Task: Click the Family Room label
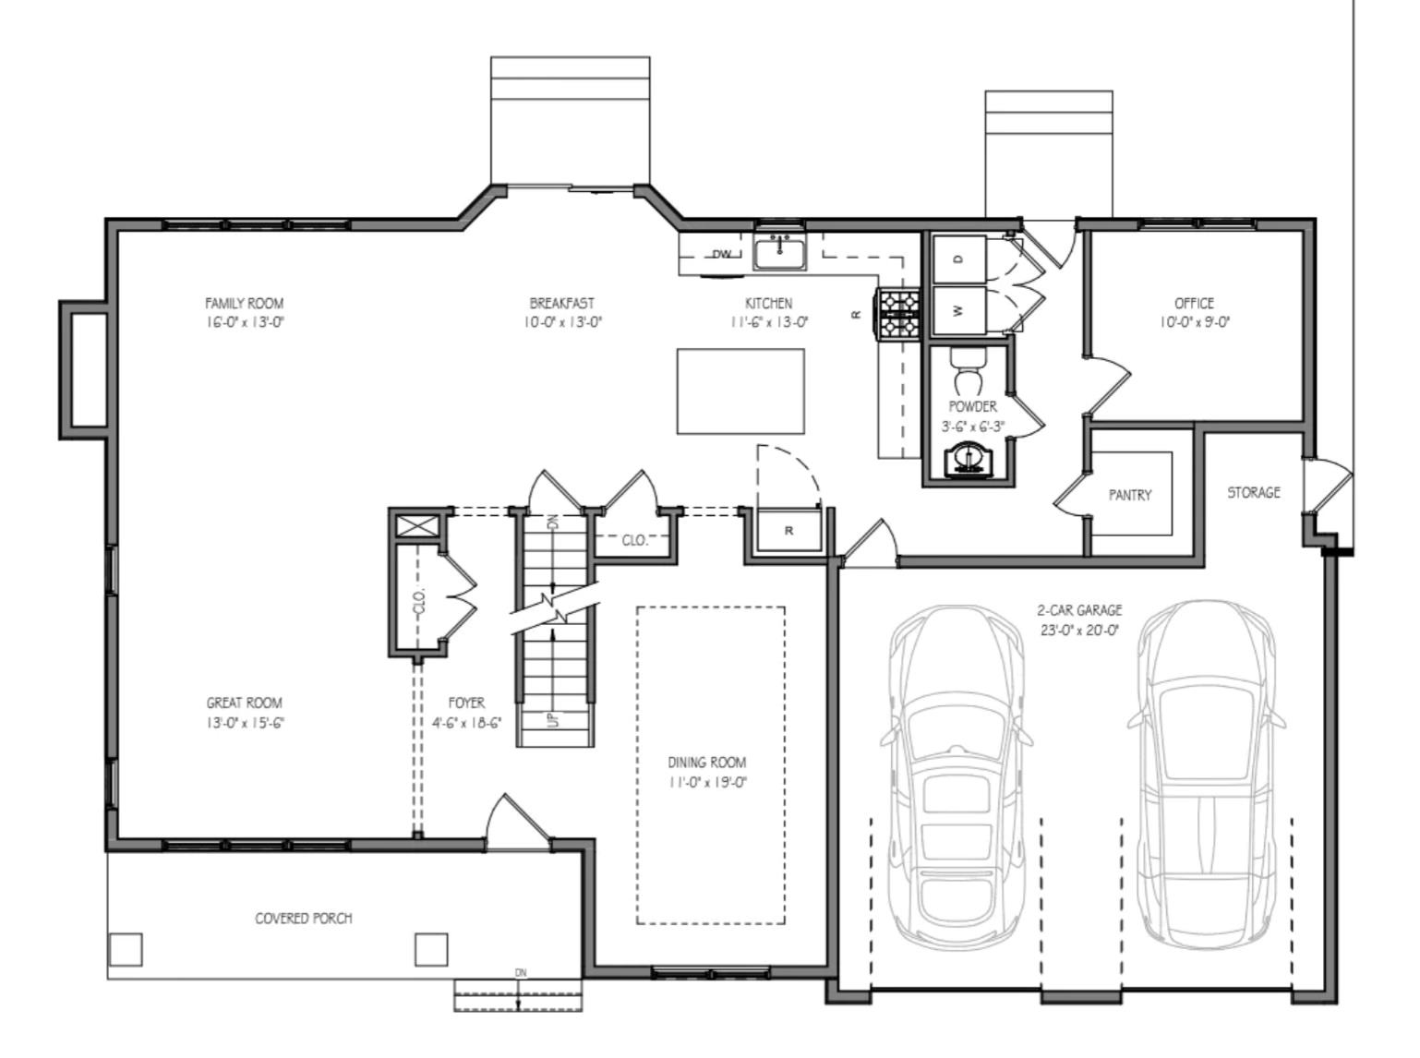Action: pyautogui.click(x=244, y=303)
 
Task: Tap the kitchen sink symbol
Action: pyautogui.click(x=779, y=251)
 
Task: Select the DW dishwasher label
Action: pyautogui.click(x=722, y=255)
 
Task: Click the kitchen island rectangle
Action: pyautogui.click(x=740, y=391)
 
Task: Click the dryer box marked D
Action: pyautogui.click(x=958, y=259)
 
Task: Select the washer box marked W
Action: pyautogui.click(x=958, y=311)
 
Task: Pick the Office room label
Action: pyautogui.click(x=1194, y=303)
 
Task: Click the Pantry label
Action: pyautogui.click(x=1130, y=495)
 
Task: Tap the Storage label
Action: pyautogui.click(x=1253, y=492)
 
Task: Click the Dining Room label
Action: pyautogui.click(x=706, y=763)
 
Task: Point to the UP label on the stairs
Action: pyautogui.click(x=553, y=719)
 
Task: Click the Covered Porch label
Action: pyautogui.click(x=303, y=919)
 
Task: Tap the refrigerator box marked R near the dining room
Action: pyautogui.click(x=788, y=531)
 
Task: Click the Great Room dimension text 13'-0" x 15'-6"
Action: pyautogui.click(x=245, y=723)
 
